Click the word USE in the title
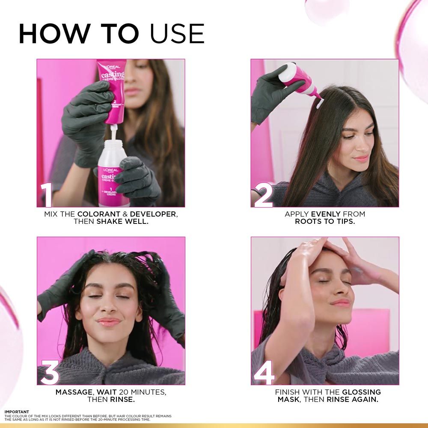tap(177, 34)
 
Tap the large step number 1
tap(47, 196)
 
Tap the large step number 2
tap(263, 196)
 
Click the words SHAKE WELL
tap(122, 222)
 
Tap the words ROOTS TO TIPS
tap(325, 222)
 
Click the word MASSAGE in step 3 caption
tap(74, 392)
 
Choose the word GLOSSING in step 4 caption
tap(361, 392)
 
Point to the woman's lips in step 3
tap(109, 321)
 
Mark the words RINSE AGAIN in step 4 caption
tap(352, 400)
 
